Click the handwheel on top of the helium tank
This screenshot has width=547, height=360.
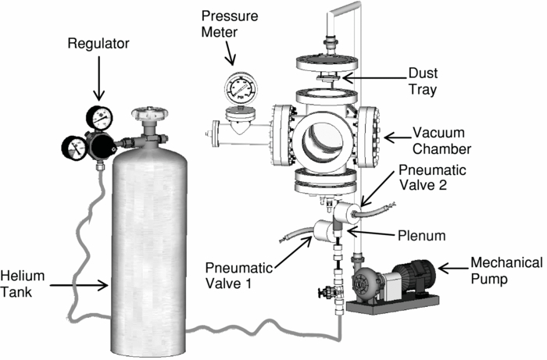146,115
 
